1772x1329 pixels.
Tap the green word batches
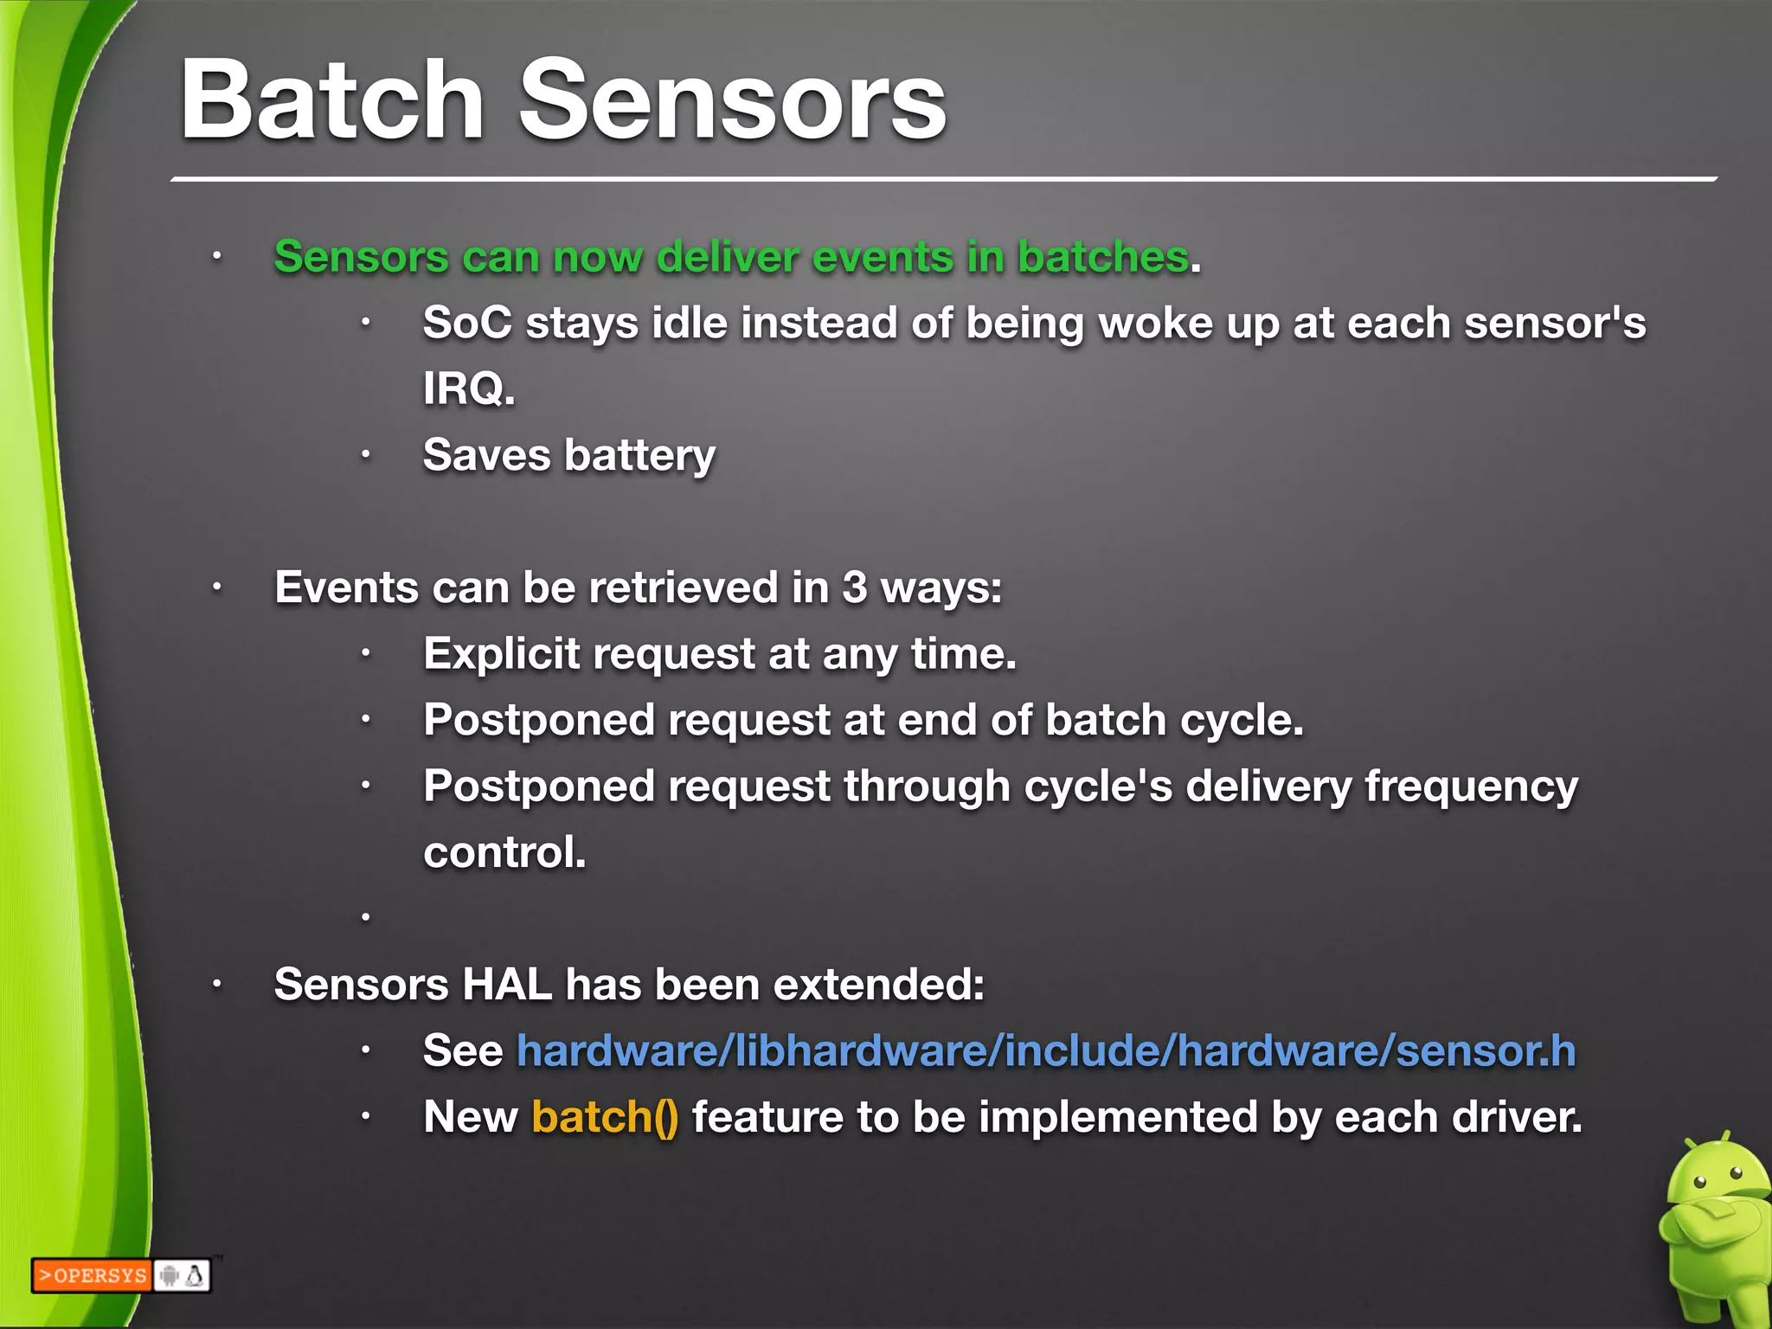tap(1102, 257)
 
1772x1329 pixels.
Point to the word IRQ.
tap(468, 388)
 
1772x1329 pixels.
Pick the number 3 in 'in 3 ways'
tap(854, 587)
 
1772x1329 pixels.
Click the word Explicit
tap(501, 653)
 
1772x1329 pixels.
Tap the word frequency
tap(1471, 786)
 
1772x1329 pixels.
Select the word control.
tap(504, 852)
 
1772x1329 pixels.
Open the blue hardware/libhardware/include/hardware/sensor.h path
tap(1045, 1050)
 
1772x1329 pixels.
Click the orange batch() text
tap(604, 1117)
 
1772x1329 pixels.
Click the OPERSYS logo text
tap(93, 1275)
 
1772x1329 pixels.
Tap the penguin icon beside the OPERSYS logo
tap(196, 1275)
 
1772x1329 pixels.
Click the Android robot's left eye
tap(1699, 1182)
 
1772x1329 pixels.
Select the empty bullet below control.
tap(366, 916)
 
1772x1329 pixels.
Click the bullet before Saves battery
tap(366, 455)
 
